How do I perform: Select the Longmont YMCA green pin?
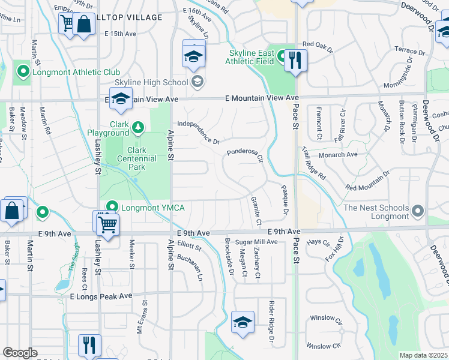click(112, 208)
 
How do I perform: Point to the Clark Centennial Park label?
click(133, 155)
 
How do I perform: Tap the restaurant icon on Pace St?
click(295, 60)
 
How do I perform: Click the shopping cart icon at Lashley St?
click(107, 224)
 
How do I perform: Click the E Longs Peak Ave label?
click(101, 296)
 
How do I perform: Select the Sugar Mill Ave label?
click(256, 242)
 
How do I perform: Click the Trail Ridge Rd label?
click(313, 164)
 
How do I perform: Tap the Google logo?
click(20, 353)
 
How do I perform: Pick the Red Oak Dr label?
click(318, 44)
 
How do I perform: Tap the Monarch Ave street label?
click(338, 154)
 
